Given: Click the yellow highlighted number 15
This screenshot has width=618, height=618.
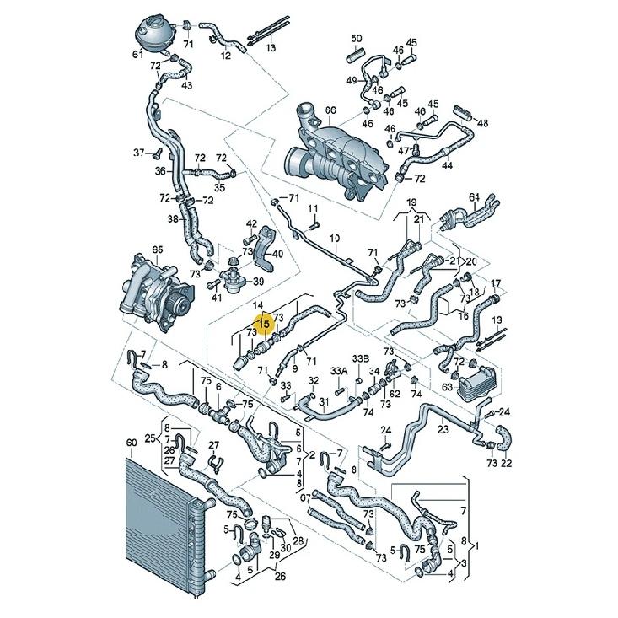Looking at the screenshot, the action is click(x=265, y=325).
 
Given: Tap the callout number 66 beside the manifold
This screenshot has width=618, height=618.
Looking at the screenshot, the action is click(x=330, y=110).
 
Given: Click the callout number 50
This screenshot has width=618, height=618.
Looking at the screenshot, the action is click(x=357, y=39).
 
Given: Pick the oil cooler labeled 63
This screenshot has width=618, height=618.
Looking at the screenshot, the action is click(x=477, y=382).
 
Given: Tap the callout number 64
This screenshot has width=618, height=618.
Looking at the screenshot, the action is click(x=475, y=196).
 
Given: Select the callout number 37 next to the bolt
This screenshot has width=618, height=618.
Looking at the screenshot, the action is click(x=139, y=152).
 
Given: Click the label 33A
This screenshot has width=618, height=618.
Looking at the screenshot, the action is click(x=339, y=371).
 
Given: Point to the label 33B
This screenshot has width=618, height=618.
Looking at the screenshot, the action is click(x=361, y=359).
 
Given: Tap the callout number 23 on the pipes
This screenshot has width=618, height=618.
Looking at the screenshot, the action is click(x=443, y=429).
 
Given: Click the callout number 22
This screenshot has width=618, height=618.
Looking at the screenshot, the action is click(x=506, y=463).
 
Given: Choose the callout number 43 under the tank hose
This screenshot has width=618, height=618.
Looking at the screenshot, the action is click(x=187, y=85).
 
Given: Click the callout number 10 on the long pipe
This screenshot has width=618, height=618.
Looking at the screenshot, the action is click(x=334, y=238).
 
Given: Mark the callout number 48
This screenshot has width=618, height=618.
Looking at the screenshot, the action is click(x=482, y=123).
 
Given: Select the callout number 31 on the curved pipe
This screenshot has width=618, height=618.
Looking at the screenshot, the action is click(x=324, y=401).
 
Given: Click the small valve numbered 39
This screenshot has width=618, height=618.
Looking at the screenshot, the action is click(x=235, y=279).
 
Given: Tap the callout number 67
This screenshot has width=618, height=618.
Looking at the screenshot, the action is click(x=306, y=497).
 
